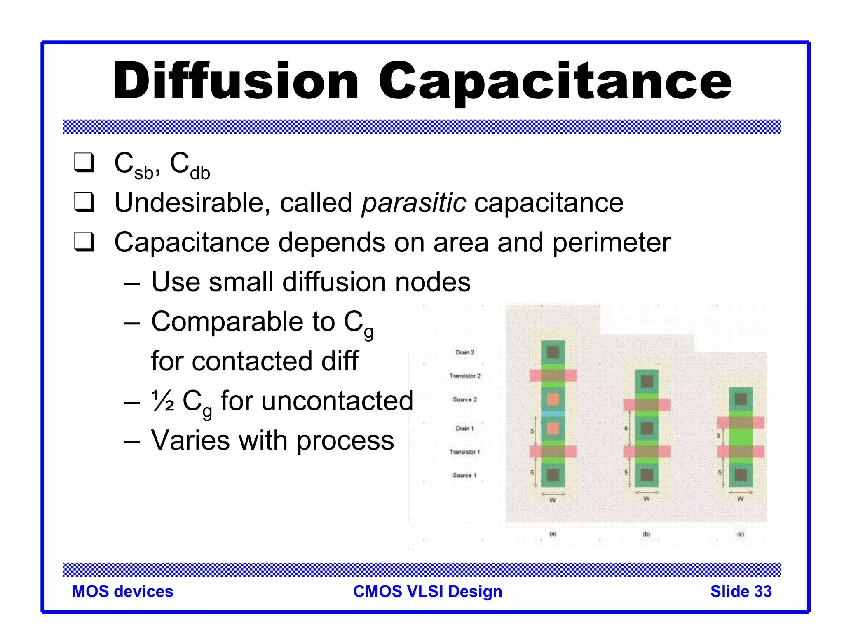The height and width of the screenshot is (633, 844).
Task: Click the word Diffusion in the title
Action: (236, 81)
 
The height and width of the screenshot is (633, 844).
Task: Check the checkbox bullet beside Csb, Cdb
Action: (84, 163)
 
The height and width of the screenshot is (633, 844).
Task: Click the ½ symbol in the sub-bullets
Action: (163, 401)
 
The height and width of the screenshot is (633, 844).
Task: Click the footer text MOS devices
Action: (122, 591)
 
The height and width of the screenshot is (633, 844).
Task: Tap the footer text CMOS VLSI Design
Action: (428, 591)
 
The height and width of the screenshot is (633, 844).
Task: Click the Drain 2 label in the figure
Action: (465, 352)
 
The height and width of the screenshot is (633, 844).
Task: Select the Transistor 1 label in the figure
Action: (465, 452)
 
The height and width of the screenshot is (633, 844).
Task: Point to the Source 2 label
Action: (465, 399)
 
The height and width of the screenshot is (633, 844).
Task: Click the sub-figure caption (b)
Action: (647, 534)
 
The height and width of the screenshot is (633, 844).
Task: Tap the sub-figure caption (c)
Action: (741, 534)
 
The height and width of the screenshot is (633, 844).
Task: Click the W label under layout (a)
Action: (553, 500)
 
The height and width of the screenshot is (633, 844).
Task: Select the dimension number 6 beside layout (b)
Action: (626, 429)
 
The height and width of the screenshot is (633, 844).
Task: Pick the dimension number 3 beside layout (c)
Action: (719, 436)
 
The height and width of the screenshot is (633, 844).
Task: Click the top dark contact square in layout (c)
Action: (741, 399)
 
